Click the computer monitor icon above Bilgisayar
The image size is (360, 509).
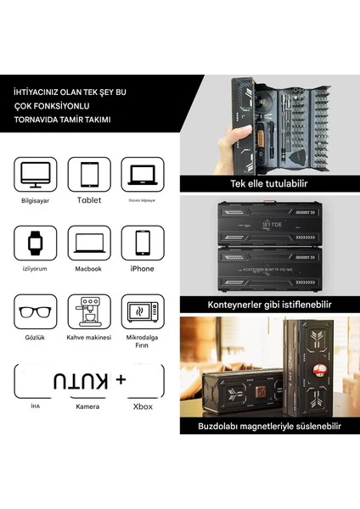[x=36, y=175]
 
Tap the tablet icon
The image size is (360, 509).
[x=89, y=175]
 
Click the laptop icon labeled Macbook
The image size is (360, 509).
[x=89, y=243]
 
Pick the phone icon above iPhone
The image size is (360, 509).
[x=142, y=243]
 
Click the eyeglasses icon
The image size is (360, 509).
[x=36, y=312]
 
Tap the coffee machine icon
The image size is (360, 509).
[x=89, y=312]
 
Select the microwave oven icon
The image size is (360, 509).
[x=142, y=312]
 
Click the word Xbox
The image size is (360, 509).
[x=142, y=408]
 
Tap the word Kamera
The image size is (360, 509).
[x=89, y=408]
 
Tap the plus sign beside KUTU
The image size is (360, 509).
[x=121, y=382]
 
